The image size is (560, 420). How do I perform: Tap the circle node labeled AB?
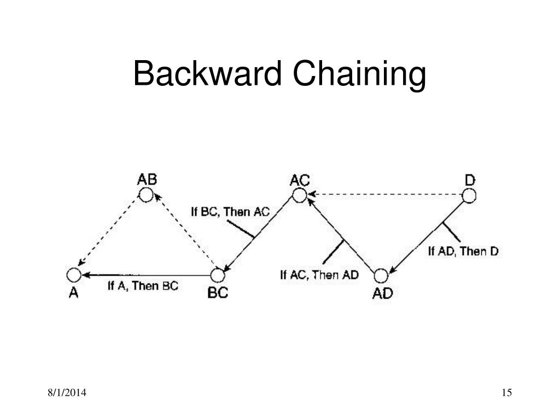click(146, 195)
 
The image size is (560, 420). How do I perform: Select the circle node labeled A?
click(74, 275)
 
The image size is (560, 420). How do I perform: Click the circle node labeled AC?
click(299, 195)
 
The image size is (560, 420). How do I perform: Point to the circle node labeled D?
click(469, 195)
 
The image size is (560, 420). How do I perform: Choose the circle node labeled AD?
click(382, 275)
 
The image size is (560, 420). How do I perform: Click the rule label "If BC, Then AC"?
click(230, 212)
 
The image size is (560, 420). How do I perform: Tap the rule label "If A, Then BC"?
click(143, 285)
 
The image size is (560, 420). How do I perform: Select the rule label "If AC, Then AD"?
click(319, 275)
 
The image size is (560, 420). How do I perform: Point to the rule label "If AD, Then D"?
click(463, 251)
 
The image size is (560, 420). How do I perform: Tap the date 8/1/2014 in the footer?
click(68, 393)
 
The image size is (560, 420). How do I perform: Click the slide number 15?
click(506, 393)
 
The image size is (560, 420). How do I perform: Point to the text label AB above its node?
click(147, 179)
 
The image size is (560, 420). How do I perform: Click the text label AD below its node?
click(382, 293)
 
